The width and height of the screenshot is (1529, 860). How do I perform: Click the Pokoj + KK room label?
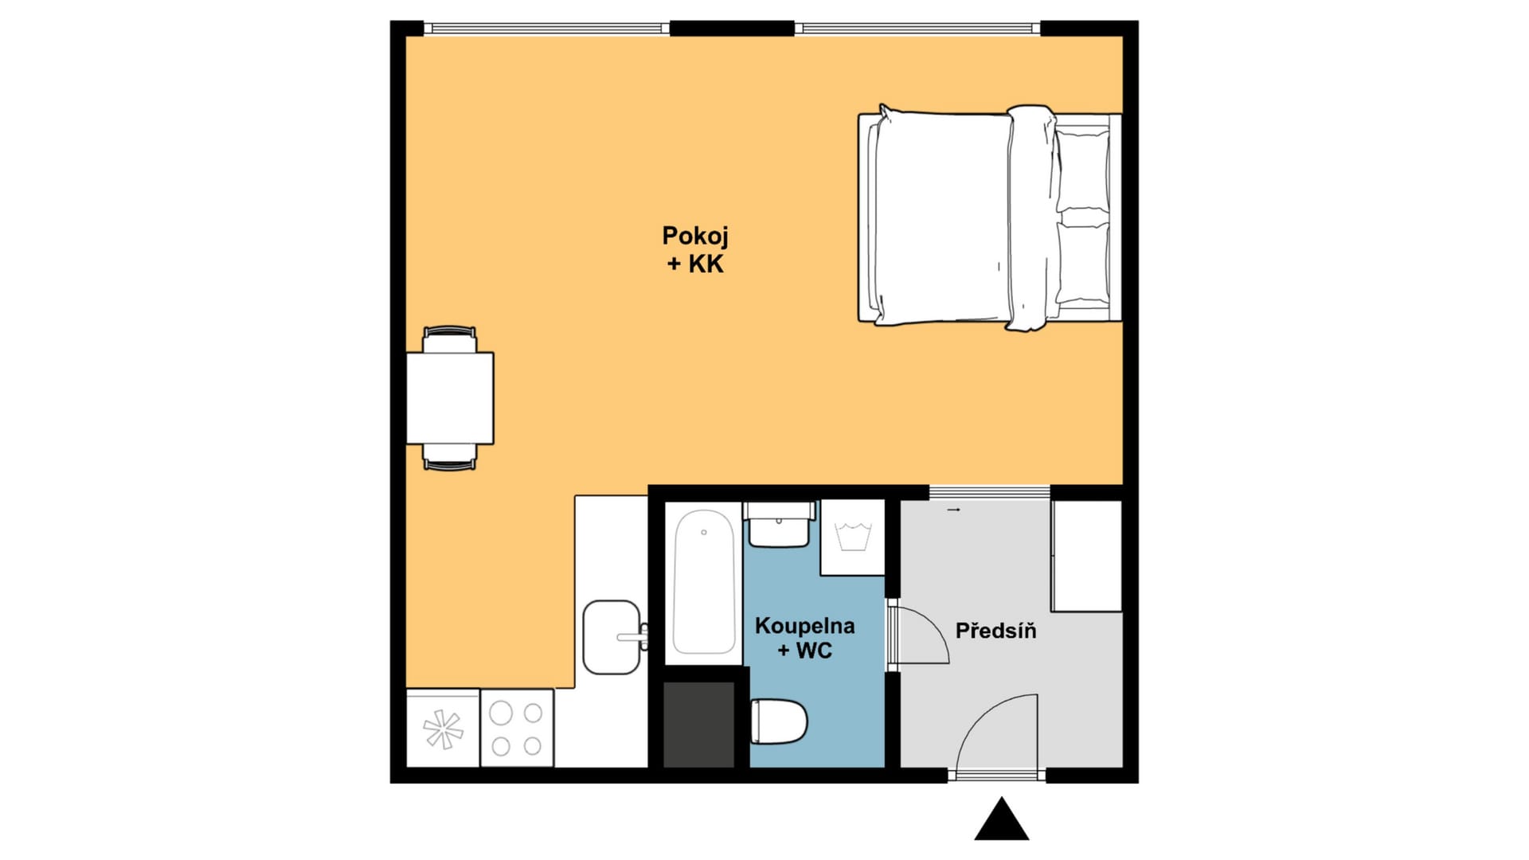point(695,249)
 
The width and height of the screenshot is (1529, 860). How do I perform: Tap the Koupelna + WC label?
point(804,638)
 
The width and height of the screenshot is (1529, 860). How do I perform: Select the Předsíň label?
point(995,631)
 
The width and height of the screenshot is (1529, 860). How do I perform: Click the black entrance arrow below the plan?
point(1002,819)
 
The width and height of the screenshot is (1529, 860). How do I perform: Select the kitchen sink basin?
point(612,637)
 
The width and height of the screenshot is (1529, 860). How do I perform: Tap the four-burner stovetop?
point(517,728)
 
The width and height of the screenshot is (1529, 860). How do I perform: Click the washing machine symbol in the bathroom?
point(853,537)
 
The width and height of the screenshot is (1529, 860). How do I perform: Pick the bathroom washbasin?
point(779,525)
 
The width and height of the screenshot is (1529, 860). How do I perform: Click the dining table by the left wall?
point(450,398)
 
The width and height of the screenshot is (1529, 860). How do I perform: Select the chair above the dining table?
point(450,339)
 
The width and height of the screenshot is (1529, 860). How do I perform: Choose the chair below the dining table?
point(450,457)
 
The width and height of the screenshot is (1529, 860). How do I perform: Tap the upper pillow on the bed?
point(1082,170)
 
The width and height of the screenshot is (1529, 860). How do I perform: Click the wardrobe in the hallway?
point(1087,556)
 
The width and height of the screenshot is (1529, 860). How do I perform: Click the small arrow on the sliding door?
point(954,510)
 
